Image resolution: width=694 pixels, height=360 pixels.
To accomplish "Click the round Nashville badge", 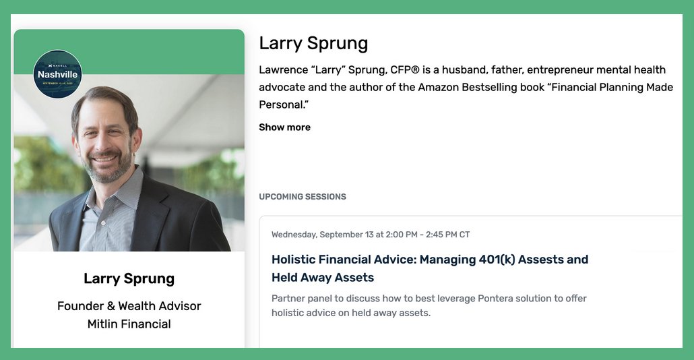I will (57, 74).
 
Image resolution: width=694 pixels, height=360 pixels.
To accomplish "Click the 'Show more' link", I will (284, 127).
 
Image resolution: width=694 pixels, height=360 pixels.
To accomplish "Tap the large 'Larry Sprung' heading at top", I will (313, 43).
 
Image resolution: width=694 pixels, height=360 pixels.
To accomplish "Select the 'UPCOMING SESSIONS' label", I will (303, 197).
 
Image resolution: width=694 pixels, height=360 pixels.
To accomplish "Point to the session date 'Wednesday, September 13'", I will (323, 235).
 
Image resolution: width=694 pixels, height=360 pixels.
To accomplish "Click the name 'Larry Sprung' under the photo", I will (129, 278).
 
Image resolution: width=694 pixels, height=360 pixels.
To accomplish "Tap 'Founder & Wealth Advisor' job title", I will (129, 306).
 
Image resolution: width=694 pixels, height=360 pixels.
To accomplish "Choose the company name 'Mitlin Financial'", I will (129, 324).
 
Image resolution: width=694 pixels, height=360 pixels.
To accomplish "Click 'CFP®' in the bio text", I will (406, 69).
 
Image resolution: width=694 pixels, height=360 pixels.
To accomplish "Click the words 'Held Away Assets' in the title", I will (323, 278).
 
